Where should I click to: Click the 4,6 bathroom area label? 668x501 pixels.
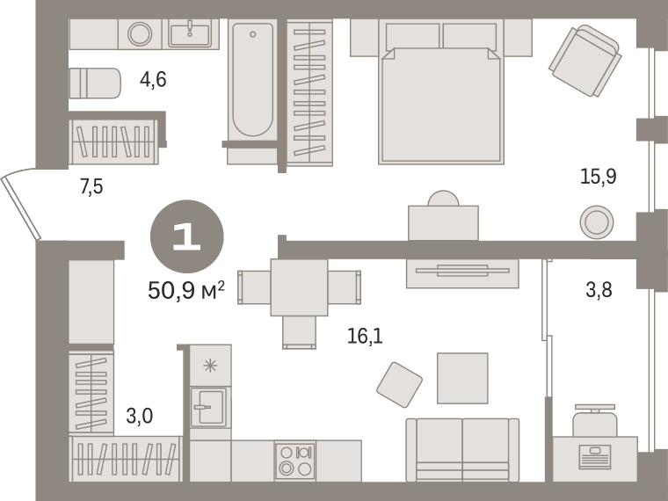[x=153, y=80]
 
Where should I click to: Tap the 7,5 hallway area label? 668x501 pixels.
[x=91, y=186]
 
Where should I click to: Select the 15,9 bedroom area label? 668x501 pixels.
[x=599, y=176]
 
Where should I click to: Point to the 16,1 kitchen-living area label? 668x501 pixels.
[x=365, y=336]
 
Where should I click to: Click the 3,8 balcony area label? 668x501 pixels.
[x=599, y=290]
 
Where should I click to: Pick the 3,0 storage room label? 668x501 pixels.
[x=140, y=416]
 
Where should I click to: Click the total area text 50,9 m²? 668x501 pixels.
[x=186, y=291]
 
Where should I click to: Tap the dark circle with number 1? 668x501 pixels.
[x=187, y=236]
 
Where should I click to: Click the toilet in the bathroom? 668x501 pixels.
[x=95, y=83]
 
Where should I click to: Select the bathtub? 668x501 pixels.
[x=252, y=80]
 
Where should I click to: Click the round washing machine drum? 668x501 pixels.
[x=140, y=34]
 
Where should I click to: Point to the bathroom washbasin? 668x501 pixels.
[x=190, y=34]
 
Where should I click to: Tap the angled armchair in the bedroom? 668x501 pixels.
[x=584, y=61]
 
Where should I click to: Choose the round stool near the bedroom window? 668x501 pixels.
[x=597, y=222]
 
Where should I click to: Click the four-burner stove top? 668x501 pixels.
[x=295, y=461]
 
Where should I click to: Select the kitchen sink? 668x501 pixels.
[x=208, y=407]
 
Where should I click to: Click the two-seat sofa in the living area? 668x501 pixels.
[x=462, y=450]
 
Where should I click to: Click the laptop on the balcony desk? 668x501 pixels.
[x=595, y=457]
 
